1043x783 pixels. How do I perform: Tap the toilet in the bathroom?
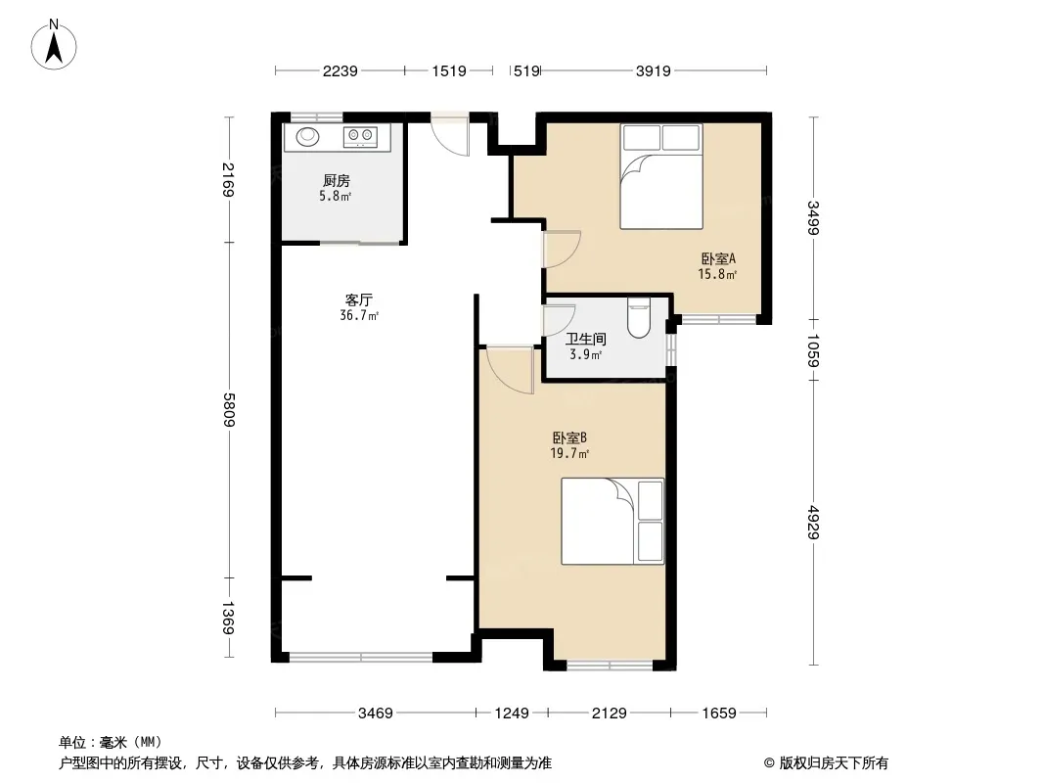point(638,318)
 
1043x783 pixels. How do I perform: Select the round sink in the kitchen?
point(307,136)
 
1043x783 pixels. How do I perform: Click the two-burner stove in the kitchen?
point(360,137)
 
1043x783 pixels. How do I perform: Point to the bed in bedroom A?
point(661,176)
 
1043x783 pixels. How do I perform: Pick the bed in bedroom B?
point(612,522)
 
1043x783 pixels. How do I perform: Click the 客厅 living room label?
point(358,300)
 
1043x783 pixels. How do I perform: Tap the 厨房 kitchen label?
point(337,180)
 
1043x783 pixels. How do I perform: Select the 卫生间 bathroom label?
point(585,340)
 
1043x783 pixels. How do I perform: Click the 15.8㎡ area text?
point(717,274)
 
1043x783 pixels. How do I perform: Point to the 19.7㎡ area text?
point(569,454)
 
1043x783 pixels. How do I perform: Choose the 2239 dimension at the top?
point(340,70)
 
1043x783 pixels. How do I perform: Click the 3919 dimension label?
point(654,70)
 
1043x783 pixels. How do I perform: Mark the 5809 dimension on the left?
point(229,410)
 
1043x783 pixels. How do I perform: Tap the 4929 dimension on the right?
point(813,523)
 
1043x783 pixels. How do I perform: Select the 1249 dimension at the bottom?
point(512,714)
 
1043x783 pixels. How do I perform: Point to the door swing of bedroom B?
point(511,369)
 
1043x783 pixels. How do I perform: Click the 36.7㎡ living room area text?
point(359,316)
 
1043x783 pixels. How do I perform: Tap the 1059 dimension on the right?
point(813,350)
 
